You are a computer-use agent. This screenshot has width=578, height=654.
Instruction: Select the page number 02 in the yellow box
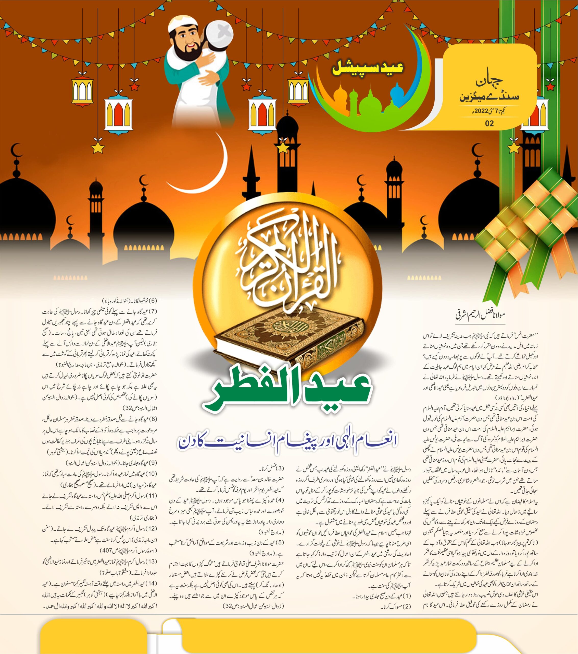(489, 123)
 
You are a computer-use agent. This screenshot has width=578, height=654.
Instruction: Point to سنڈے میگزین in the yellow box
(489, 97)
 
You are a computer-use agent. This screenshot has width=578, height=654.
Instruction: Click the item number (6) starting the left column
(153, 301)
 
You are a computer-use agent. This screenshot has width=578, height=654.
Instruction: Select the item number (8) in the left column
(153, 419)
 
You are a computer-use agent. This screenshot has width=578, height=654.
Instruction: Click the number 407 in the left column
(106, 551)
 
